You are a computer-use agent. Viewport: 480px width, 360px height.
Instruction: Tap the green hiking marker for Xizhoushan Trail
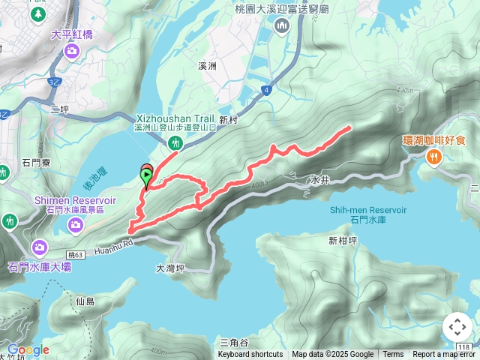[176, 142]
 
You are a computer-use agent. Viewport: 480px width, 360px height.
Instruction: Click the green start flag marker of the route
[145, 178]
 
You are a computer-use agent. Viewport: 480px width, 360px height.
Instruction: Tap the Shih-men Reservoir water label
[367, 210]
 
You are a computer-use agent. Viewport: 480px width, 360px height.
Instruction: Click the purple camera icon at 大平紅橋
[72, 51]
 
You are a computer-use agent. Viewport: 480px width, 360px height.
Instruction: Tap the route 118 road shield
[465, 347]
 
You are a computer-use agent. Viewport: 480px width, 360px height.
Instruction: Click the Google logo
[28, 349]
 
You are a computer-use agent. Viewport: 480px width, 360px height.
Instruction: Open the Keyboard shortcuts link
[250, 355]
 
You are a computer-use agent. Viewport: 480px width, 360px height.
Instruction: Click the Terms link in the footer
[393, 355]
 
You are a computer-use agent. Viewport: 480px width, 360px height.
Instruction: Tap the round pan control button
[457, 327]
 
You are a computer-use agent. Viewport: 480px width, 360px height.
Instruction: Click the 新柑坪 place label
[343, 241]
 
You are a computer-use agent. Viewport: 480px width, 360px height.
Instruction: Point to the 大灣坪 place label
[170, 268]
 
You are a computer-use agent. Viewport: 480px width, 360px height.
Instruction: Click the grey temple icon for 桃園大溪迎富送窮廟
[282, 27]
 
